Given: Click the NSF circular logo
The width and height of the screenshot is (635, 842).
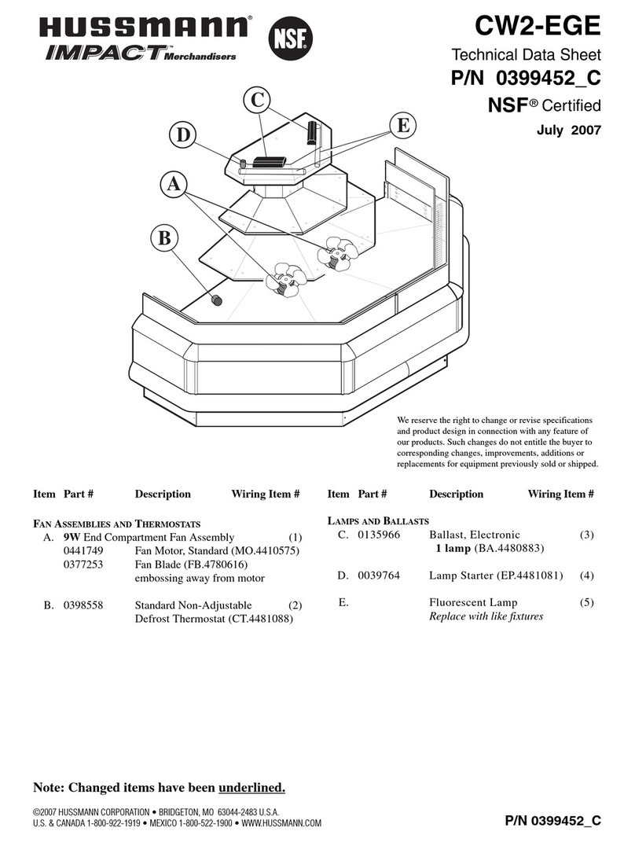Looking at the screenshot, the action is pos(290,38).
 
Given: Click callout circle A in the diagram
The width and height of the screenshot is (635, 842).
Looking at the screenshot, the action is pos(174,185).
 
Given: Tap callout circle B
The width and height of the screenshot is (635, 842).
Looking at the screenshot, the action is pos(164,238).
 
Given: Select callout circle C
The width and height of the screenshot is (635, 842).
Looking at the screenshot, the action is pos(257,100).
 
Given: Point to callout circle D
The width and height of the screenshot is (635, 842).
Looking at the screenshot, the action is pos(183,134).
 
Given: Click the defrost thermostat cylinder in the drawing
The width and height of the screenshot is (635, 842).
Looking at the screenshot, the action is pos(216,300).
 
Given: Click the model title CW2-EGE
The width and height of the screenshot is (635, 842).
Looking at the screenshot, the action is pos(538,26).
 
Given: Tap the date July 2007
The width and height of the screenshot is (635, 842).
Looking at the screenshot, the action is pos(568,130).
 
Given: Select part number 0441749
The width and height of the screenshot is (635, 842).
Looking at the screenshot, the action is pos(83,551).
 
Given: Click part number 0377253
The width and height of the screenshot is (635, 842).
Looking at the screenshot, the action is pos(83,564).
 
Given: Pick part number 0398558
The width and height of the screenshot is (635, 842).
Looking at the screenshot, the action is pos(83,605).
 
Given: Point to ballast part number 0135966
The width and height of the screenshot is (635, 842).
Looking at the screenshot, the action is pos(379,535).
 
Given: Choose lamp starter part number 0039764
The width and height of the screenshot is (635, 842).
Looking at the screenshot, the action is pos(379,575).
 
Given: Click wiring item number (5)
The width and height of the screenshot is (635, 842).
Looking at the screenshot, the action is pos(587,602).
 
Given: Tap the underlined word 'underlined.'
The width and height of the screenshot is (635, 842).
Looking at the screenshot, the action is pos(251,788).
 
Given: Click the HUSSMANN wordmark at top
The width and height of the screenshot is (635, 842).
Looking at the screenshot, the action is pos(143,27).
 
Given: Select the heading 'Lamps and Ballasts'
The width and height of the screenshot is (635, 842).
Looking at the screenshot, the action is pos(379,521).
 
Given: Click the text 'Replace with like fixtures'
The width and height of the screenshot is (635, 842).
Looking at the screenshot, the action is pos(486,616).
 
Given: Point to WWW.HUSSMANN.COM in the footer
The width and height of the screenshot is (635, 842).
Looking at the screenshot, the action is pos(281,822).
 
